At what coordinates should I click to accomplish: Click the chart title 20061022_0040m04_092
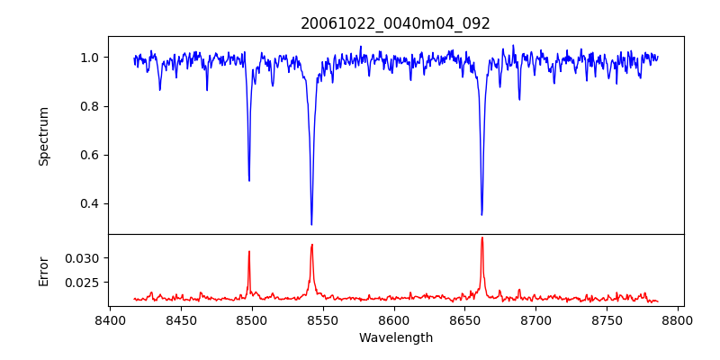tap(396, 23)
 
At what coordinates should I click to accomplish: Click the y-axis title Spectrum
tap(43, 136)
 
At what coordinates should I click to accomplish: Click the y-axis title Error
tap(43, 270)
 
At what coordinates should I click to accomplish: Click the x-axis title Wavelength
tap(396, 337)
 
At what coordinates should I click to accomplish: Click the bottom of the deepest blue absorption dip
tap(311, 224)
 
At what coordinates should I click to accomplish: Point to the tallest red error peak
tap(482, 238)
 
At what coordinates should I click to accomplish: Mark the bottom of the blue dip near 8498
tap(249, 180)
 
